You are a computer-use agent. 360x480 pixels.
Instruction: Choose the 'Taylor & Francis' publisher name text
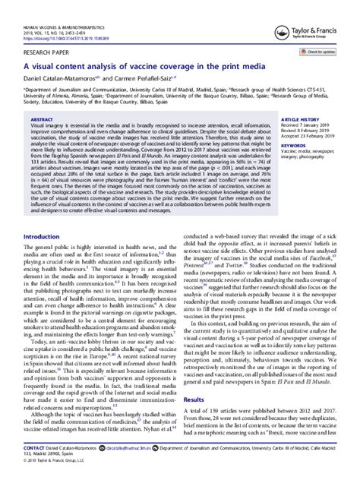tap(317, 17)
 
